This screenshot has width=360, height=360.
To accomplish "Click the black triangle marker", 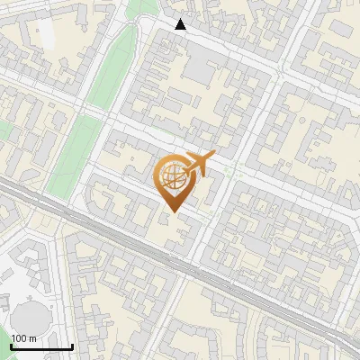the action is (x=181, y=24).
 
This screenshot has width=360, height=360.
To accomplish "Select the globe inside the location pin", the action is (x=173, y=175).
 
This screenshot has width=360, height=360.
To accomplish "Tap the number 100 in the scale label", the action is (x=18, y=337).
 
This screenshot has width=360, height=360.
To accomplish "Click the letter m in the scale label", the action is (x=32, y=337).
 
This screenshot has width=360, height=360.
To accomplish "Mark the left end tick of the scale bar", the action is (x=12, y=346).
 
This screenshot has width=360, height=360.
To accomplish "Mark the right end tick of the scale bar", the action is (x=72, y=346).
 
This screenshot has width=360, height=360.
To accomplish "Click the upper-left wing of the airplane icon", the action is (x=192, y=157).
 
